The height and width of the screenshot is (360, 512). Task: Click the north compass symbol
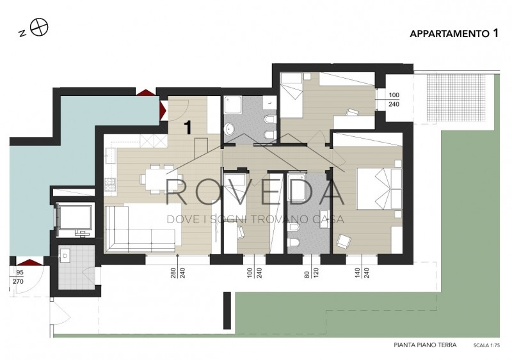click(39, 27)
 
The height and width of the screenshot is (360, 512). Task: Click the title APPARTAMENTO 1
click(454, 33)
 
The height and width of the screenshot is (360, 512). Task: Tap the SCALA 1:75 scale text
click(486, 346)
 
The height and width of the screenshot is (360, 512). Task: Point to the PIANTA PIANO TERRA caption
click(425, 345)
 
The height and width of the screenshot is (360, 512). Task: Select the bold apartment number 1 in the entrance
click(188, 127)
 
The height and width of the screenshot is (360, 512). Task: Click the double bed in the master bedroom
click(380, 189)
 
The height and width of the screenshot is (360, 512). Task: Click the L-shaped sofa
click(143, 228)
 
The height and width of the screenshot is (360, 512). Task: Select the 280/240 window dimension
click(178, 273)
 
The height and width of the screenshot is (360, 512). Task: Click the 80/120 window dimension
click(312, 273)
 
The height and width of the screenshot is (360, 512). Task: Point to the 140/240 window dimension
click(362, 273)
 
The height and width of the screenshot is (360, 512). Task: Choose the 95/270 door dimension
click(19, 277)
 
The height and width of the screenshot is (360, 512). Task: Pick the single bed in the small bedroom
click(291, 95)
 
